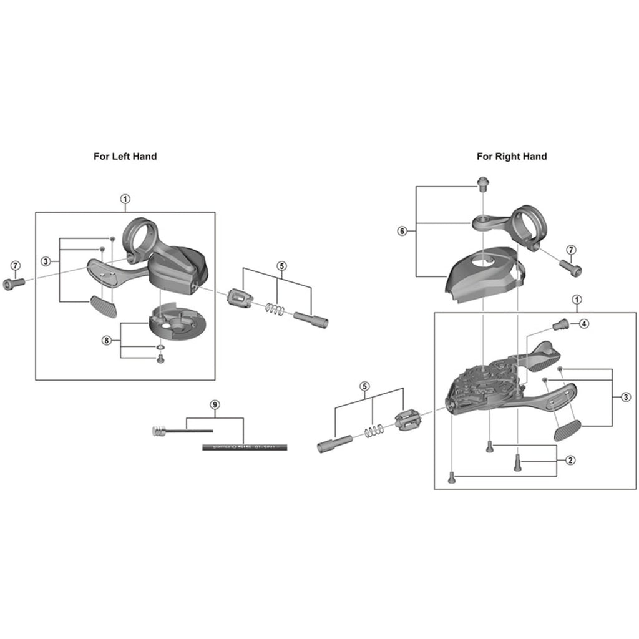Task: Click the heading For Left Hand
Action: (125, 156)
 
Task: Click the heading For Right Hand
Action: (512, 156)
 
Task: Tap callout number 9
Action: (215, 405)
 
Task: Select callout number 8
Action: (107, 340)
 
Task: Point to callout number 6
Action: (402, 231)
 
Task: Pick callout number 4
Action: (583, 323)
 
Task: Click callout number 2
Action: (570, 461)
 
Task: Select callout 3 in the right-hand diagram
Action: (625, 398)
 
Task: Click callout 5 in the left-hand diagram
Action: (281, 265)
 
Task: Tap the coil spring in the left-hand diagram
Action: (275, 308)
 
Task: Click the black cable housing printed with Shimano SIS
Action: (245, 447)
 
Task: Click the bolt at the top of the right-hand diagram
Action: (484, 184)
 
